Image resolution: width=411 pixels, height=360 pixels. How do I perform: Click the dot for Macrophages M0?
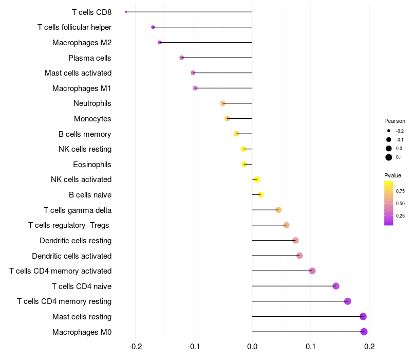pyautogui.click(x=364, y=332)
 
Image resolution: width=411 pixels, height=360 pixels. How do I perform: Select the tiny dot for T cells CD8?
pyautogui.click(x=126, y=12)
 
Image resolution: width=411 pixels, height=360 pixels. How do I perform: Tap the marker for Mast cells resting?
pyautogui.click(x=363, y=316)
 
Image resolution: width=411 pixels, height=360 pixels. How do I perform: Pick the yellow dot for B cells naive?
pyautogui.click(x=260, y=195)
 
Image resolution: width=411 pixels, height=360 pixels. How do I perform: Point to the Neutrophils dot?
pyautogui.click(x=223, y=103)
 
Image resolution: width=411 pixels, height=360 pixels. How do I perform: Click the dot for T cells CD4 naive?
pyautogui.click(x=336, y=286)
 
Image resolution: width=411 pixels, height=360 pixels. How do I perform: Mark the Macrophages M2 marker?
pyautogui.click(x=160, y=42)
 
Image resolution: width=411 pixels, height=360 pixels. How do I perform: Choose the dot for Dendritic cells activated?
pyautogui.click(x=300, y=256)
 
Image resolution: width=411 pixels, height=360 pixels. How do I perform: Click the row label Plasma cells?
pyautogui.click(x=90, y=58)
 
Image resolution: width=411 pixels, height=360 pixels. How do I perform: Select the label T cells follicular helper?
pyautogui.click(x=74, y=27)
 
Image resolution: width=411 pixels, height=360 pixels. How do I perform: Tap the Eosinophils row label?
pyautogui.click(x=92, y=165)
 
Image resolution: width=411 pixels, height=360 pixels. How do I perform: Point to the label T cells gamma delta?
pyautogui.click(x=78, y=210)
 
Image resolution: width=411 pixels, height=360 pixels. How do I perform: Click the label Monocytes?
pyautogui.click(x=92, y=119)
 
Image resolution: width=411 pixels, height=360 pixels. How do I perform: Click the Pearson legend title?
pyautogui.click(x=395, y=121)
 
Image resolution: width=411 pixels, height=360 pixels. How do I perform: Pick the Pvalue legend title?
pyautogui.click(x=393, y=175)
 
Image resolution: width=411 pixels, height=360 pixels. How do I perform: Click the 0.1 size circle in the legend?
pyautogui.click(x=389, y=157)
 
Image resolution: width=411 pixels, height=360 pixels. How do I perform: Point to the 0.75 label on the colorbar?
pyautogui.click(x=400, y=191)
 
